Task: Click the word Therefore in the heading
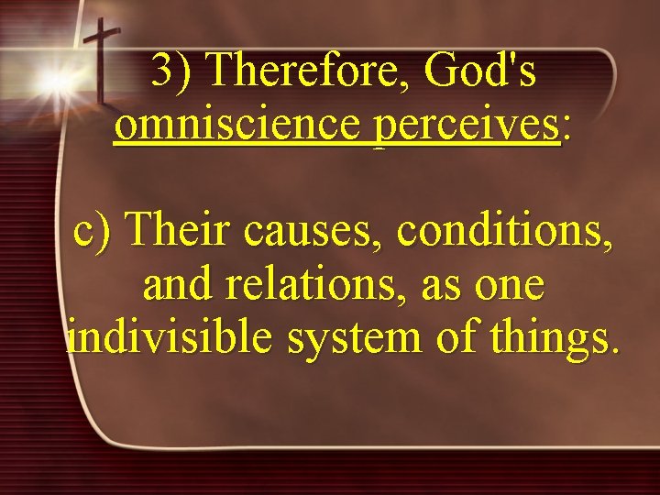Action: tap(306, 71)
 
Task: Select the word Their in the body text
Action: tap(180, 230)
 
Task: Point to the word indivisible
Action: tap(169, 337)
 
